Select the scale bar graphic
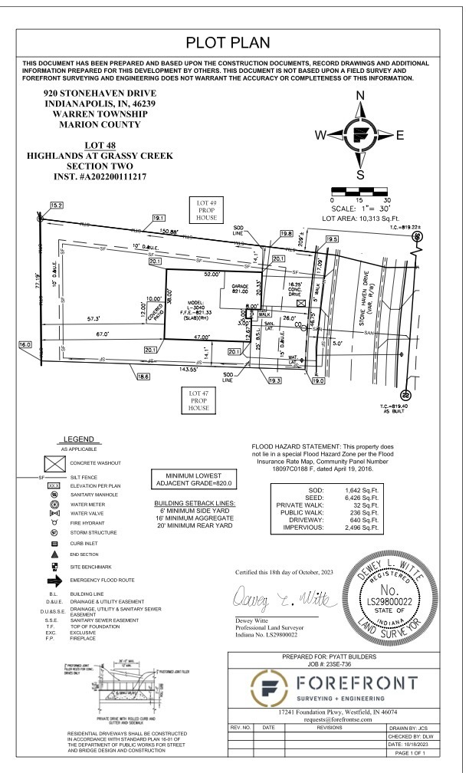pos(361,189)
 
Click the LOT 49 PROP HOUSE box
pos(204,209)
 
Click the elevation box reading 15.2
pos(57,206)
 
